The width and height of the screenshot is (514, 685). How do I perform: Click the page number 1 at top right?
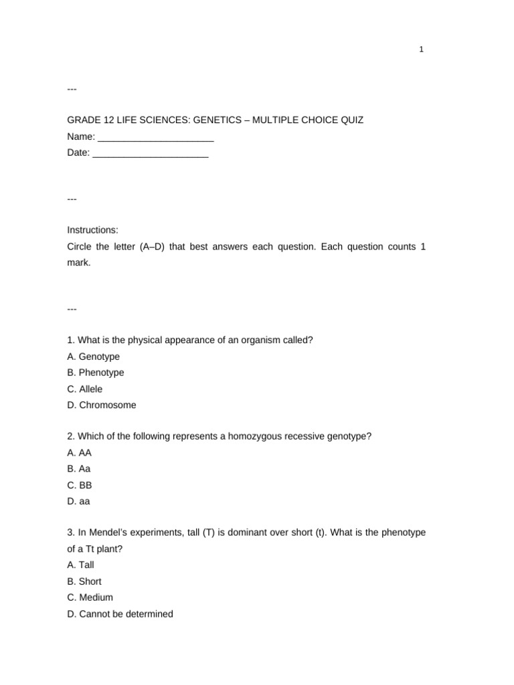422,50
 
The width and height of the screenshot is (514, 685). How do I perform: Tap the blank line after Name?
155,138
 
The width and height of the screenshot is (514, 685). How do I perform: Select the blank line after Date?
150,154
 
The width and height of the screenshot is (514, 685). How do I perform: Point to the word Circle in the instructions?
79,247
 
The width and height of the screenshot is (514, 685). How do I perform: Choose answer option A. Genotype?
93,357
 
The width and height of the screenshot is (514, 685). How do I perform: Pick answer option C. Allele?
85,389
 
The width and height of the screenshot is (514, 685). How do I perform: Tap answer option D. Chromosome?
101,405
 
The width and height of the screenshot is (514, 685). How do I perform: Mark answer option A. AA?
80,453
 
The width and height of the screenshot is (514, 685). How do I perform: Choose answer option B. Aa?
79,469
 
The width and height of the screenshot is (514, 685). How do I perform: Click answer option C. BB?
80,485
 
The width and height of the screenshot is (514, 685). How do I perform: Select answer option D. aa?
79,501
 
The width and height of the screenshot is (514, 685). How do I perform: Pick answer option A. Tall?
80,565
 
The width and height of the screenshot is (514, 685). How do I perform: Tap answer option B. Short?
84,581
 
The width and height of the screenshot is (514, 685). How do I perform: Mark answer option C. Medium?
90,597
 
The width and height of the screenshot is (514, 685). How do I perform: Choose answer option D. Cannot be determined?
120,613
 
